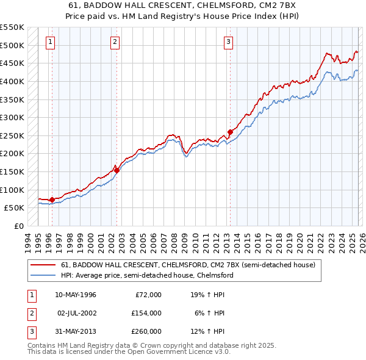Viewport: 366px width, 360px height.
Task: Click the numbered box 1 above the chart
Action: pos(50,42)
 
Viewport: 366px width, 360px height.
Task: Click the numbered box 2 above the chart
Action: pos(115,42)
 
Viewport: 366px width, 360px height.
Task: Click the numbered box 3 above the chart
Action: pos(228,42)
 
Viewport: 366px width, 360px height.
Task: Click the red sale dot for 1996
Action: pos(52,200)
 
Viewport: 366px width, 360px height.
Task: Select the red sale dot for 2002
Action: pos(117,170)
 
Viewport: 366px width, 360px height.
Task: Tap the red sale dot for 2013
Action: pos(230,132)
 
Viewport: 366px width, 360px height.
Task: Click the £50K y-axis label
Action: pos(14,207)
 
